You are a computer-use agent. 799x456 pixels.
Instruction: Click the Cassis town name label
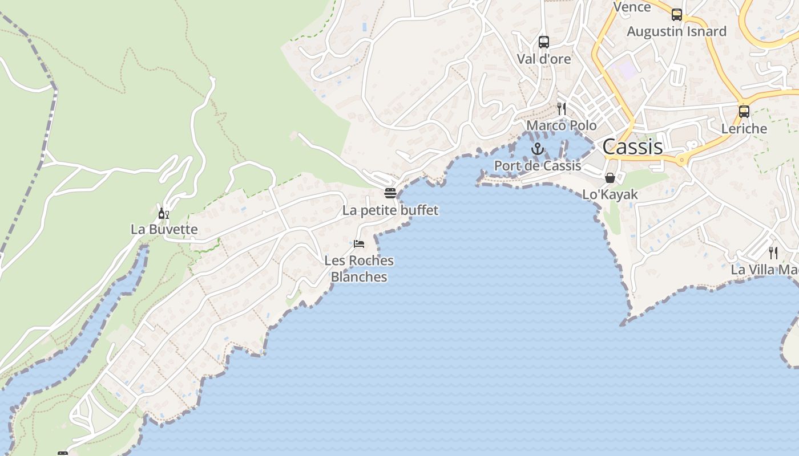tap(632, 147)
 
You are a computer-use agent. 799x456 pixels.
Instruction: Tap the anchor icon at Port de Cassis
tap(538, 149)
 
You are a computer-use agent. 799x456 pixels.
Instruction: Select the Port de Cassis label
tap(538, 166)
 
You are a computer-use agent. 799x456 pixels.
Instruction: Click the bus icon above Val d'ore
tap(544, 42)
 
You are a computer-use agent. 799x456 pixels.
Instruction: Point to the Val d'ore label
tap(544, 59)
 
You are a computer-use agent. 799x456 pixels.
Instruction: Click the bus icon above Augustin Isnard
tap(677, 15)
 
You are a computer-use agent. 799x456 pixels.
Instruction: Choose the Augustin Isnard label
tap(677, 31)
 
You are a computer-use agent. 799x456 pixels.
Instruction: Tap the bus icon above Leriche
tap(744, 112)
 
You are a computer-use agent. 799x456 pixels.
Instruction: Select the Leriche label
tap(744, 129)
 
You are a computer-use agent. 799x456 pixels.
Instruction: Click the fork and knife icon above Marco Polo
tap(562, 109)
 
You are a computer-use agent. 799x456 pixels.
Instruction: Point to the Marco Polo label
tap(562, 125)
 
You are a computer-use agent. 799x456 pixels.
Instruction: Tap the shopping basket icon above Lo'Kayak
tap(610, 178)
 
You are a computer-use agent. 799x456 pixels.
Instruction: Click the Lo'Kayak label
tap(610, 194)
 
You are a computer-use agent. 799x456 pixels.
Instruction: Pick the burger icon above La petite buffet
tap(390, 193)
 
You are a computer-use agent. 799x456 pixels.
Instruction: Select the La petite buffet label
tap(390, 210)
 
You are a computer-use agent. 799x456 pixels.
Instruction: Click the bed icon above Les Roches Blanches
tap(359, 244)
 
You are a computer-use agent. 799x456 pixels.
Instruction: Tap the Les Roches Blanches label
tap(359, 268)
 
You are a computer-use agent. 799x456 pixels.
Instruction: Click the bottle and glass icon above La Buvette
tap(164, 214)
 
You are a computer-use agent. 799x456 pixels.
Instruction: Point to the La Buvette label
tap(164, 230)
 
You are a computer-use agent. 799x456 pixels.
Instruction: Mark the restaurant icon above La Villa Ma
tap(773, 253)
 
